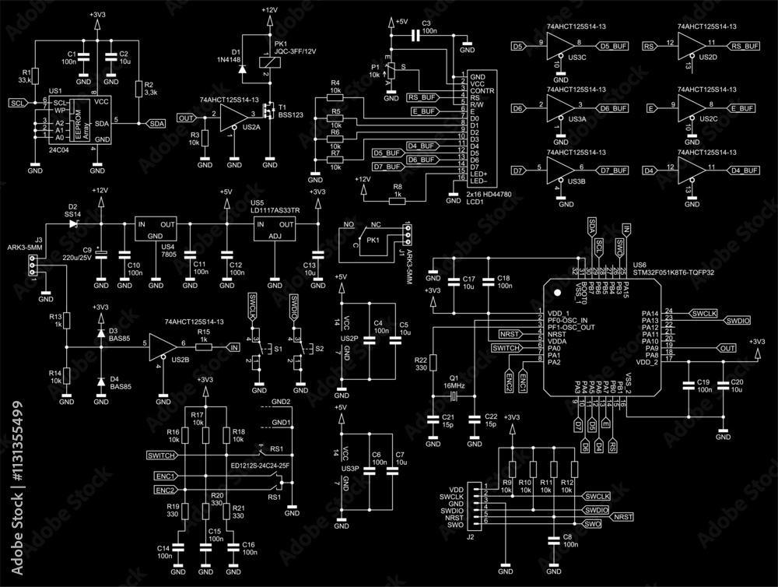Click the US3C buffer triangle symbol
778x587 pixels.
(559, 47)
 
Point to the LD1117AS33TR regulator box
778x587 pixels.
(275, 229)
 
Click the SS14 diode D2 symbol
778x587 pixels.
(75, 223)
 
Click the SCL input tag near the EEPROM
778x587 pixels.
(17, 103)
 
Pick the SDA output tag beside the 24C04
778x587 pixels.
(156, 123)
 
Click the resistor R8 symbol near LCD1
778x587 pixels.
(397, 199)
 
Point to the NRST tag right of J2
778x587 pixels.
(622, 517)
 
